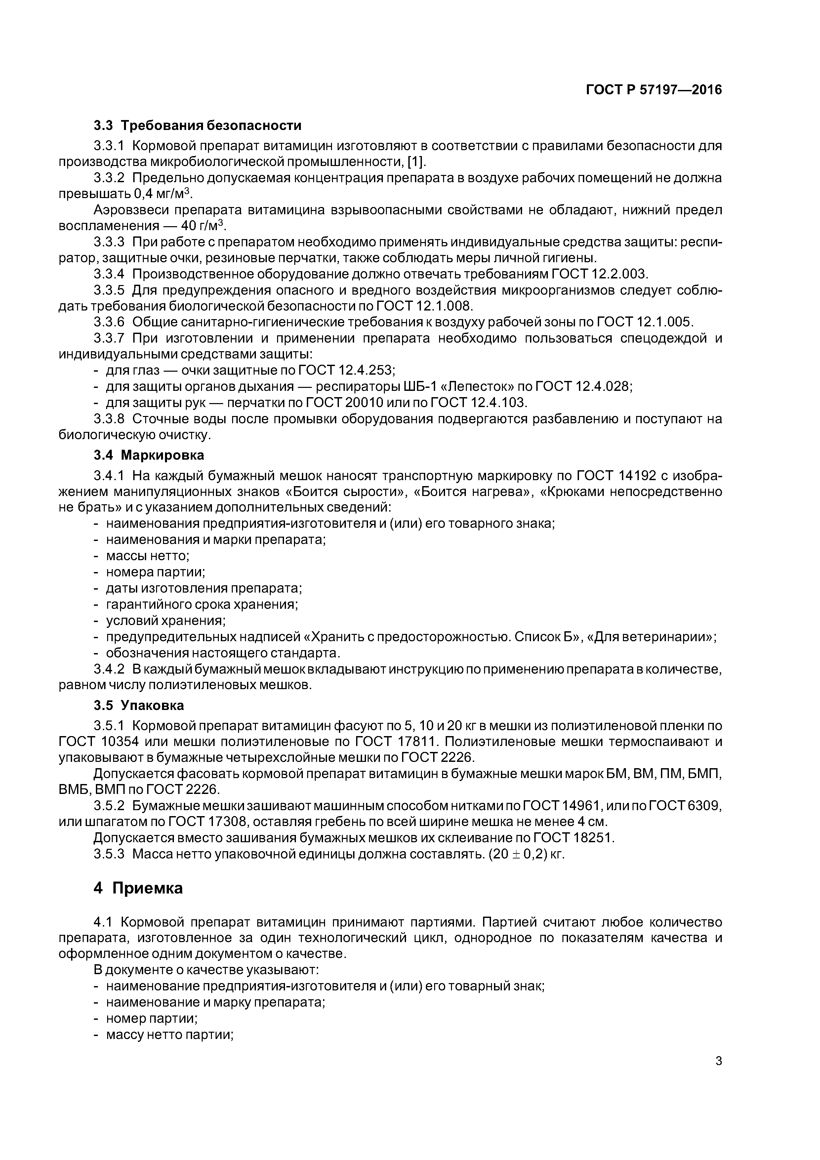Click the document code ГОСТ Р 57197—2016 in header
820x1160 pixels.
click(654, 90)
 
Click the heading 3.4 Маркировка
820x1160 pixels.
click(149, 455)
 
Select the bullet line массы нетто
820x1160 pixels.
click(147, 556)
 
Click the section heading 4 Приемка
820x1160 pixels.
click(138, 888)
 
